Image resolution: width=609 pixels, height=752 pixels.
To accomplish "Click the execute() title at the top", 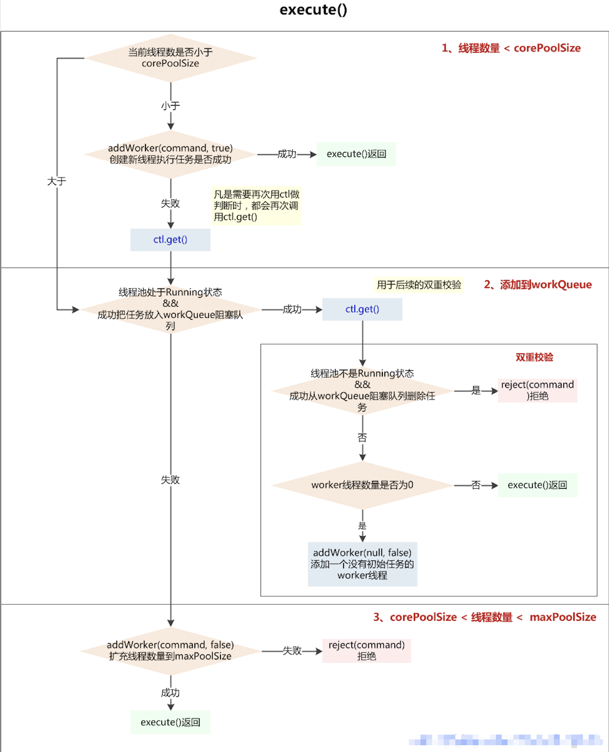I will tap(313, 10).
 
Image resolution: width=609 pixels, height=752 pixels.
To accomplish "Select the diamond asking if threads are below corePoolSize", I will tap(170, 58).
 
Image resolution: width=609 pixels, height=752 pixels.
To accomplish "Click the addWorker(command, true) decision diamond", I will tap(170, 154).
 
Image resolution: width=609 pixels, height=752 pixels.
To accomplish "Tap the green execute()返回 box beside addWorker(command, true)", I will tap(356, 154).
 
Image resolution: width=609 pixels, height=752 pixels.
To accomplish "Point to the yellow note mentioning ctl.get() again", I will tap(256, 206).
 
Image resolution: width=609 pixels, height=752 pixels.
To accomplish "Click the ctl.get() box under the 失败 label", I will tap(170, 240).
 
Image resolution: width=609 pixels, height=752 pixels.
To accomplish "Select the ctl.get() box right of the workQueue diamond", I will tap(362, 309).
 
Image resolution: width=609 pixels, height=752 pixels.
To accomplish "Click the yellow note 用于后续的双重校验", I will tap(419, 285).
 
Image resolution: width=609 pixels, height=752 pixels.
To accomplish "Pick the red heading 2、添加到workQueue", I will tap(537, 285).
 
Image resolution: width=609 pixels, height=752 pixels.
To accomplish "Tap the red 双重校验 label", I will tap(534, 357).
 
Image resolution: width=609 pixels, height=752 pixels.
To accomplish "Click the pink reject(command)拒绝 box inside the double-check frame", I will tap(537, 391).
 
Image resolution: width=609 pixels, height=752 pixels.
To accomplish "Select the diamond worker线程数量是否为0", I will tap(362, 485).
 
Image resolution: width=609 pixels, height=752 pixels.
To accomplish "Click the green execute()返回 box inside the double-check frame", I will tap(537, 485).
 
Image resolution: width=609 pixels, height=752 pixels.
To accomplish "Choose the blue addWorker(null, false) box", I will tap(362, 564).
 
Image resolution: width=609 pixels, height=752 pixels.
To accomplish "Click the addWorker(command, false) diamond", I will tap(170, 651).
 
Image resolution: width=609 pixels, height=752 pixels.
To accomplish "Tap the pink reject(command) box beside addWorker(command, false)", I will tap(366, 651).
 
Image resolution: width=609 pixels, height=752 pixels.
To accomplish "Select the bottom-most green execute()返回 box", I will tap(170, 722).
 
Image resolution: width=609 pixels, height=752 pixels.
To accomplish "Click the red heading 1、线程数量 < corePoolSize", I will tap(511, 48).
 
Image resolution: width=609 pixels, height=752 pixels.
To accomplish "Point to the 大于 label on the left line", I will tap(57, 181).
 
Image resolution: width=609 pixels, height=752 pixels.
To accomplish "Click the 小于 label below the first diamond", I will tap(170, 105).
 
